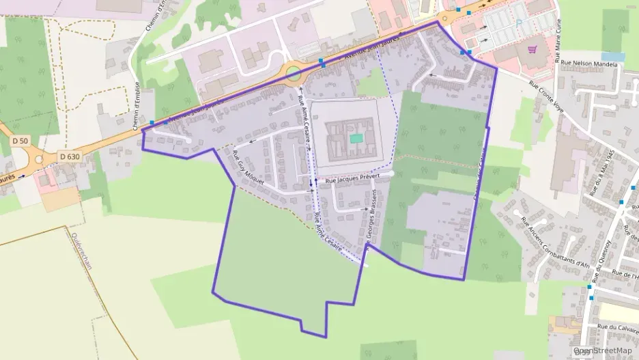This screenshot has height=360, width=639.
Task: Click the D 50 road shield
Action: (20, 140)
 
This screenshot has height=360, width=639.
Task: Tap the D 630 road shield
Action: (70, 156)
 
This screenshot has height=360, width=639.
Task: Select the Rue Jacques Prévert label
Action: (352, 179)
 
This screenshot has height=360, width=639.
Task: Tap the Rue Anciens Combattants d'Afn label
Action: (554, 243)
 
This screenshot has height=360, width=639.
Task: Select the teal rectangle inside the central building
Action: (356, 138)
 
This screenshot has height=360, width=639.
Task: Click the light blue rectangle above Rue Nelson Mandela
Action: (612, 57)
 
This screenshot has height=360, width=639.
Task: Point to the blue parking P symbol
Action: (519, 22)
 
